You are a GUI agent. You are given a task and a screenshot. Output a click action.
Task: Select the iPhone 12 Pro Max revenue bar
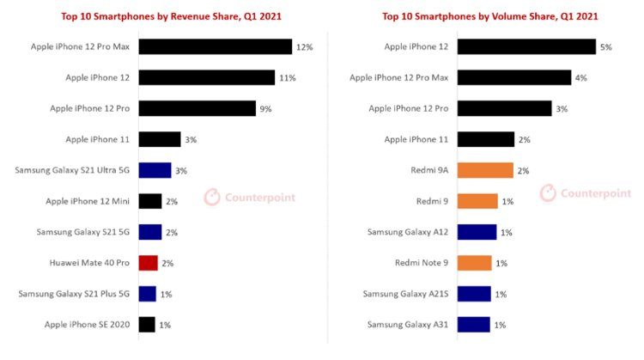(x=215, y=46)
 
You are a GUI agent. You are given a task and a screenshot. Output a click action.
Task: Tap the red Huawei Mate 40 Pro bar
(x=148, y=263)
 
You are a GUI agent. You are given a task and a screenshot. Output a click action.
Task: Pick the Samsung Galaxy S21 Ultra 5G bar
(x=155, y=170)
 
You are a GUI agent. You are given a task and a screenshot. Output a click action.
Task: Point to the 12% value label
(x=304, y=47)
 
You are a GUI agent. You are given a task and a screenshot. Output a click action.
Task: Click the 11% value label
(x=287, y=78)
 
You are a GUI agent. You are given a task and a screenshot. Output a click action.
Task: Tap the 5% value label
(x=606, y=47)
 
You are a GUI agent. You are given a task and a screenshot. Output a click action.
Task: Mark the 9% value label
(x=267, y=109)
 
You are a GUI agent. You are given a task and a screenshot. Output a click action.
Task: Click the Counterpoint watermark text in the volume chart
(x=596, y=194)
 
